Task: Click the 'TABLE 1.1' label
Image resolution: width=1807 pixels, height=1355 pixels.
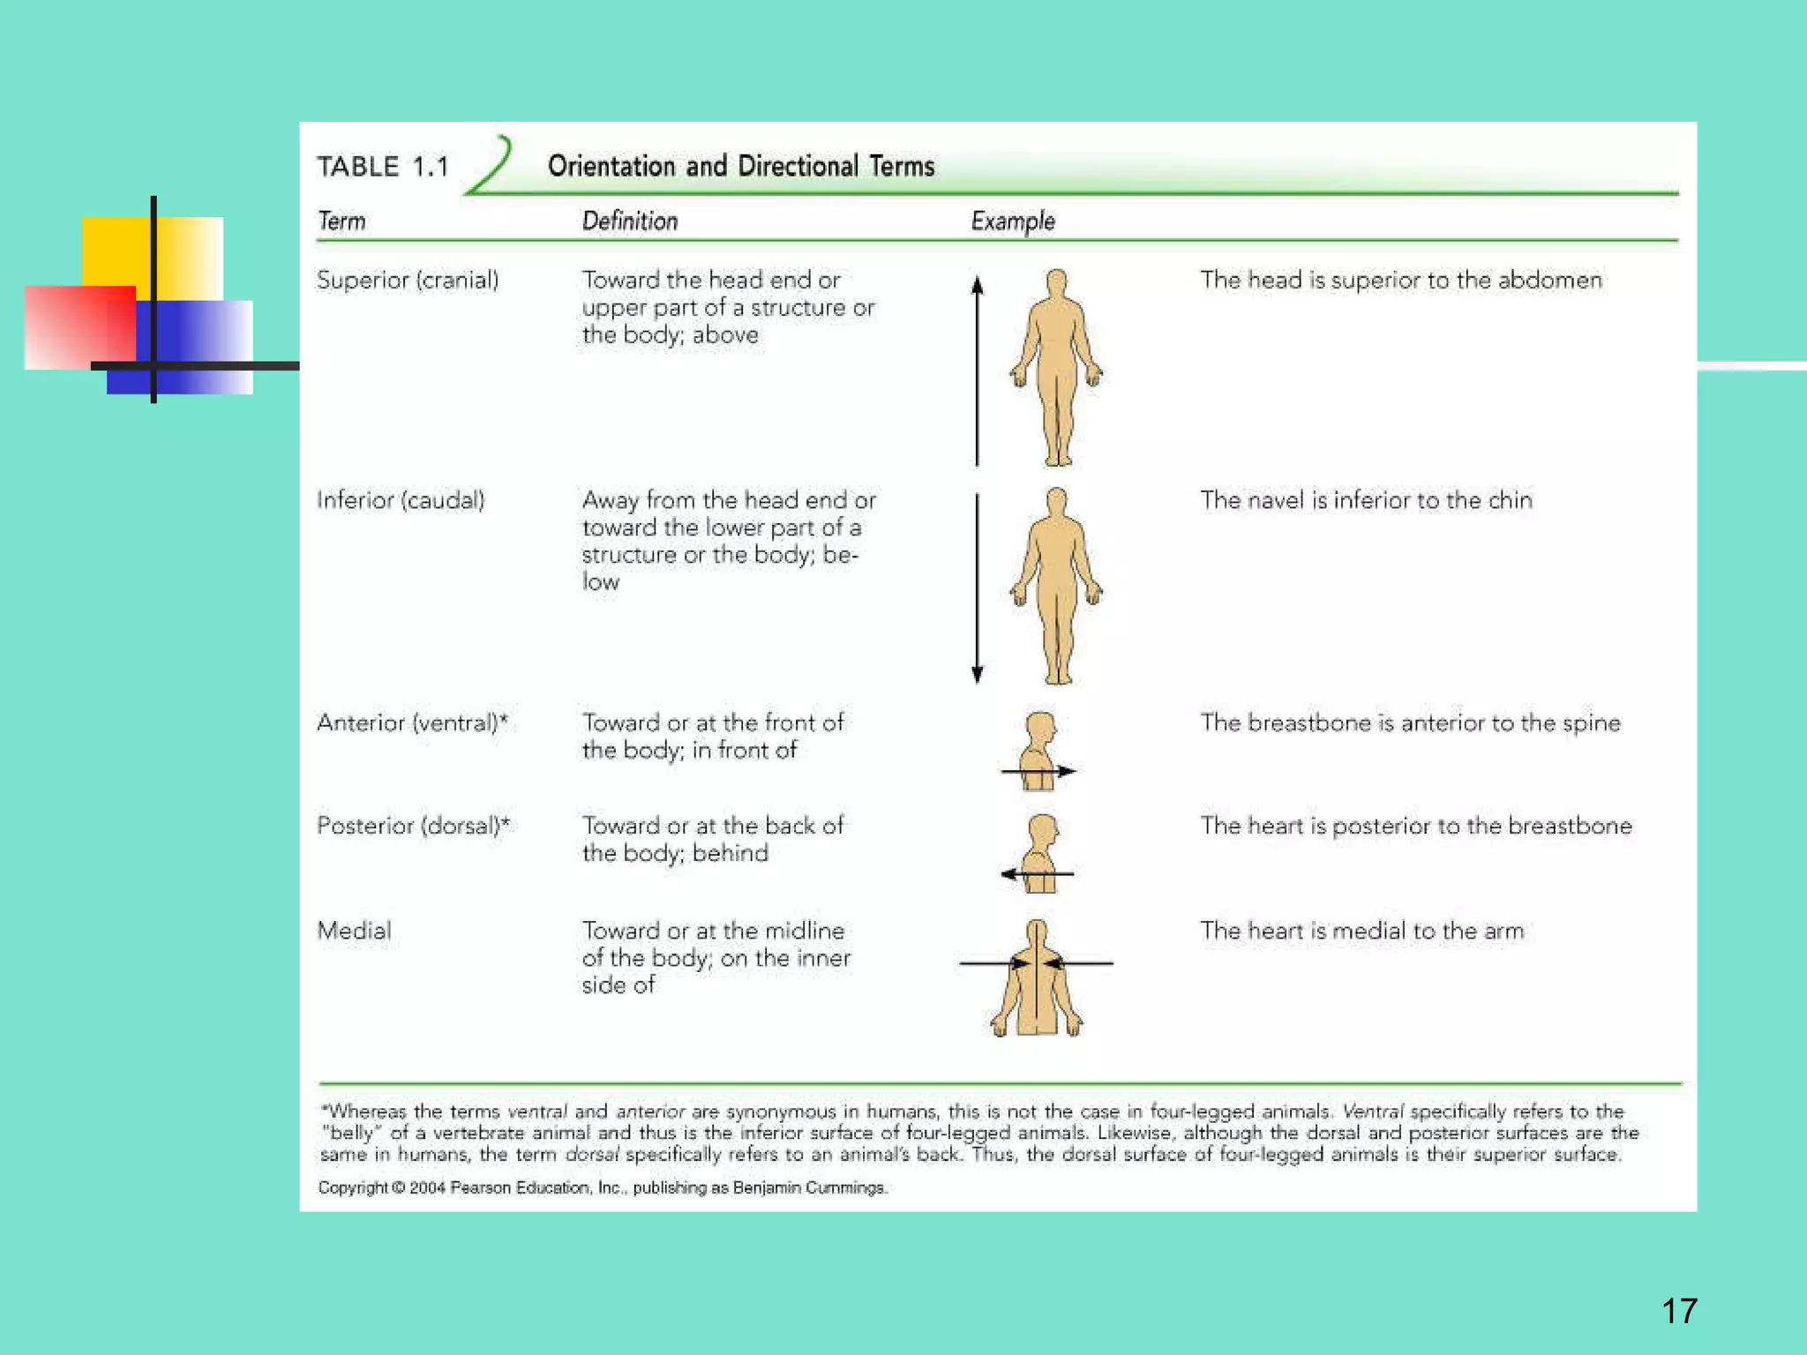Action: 383,167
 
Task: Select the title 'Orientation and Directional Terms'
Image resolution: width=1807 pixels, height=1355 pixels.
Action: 740,166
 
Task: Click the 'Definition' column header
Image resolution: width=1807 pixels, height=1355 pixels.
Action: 629,221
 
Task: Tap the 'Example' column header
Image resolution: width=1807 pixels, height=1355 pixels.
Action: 1012,221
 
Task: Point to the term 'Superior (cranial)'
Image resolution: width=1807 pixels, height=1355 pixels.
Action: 408,281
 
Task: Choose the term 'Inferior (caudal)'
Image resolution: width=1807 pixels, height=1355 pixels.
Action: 401,500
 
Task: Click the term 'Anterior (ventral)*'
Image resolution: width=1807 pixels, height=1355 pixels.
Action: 412,722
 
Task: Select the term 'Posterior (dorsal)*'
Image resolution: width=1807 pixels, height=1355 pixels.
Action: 413,826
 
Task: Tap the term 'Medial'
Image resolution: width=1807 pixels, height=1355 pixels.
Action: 354,931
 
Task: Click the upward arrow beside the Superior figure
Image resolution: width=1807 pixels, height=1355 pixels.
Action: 977,371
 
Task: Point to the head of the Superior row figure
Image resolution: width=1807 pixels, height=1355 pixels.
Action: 1056,284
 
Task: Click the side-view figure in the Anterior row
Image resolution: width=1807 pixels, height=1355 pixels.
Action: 1039,751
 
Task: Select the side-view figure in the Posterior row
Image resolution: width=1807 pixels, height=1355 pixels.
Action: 1041,853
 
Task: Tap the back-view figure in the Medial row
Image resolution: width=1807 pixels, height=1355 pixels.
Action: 1037,978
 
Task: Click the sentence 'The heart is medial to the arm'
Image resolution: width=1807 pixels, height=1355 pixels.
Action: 1361,931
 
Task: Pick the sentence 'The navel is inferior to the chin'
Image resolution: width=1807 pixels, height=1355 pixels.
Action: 1366,500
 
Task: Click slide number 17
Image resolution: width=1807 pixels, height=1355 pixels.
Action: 1679,1311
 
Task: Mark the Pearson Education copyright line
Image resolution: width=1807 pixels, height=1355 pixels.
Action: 603,1187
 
